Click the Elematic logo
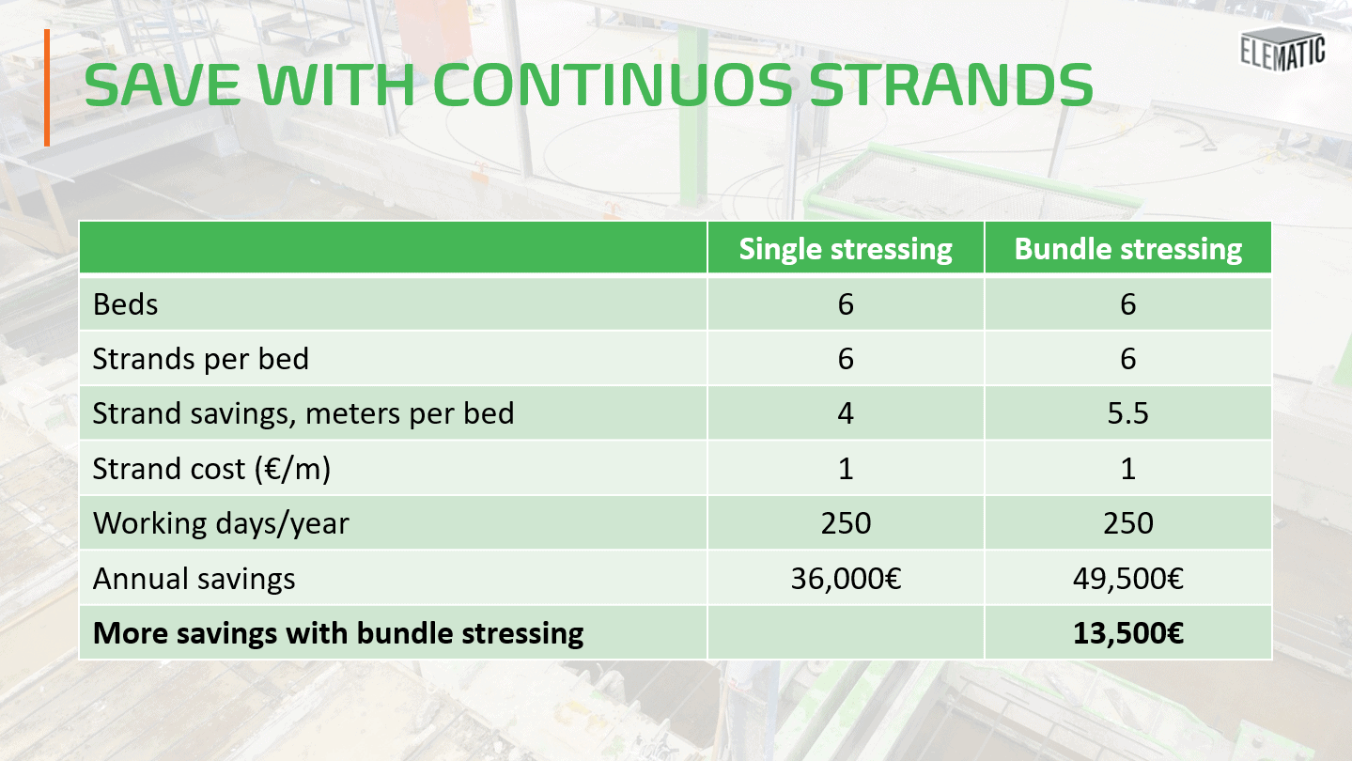point(1282,49)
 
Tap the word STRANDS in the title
point(951,85)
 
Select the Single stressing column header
point(846,249)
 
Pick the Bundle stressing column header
point(1127,249)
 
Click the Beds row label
point(126,304)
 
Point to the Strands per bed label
point(200,359)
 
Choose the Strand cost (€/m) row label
point(211,469)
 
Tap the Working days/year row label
point(221,523)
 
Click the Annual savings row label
point(194,579)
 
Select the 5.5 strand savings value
point(1127,414)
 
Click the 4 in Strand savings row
point(846,414)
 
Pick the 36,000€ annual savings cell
point(846,579)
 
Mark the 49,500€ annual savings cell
point(1127,579)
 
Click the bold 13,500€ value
point(1127,633)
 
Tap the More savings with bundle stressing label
point(338,633)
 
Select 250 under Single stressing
point(846,523)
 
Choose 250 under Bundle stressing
point(1127,523)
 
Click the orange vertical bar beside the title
point(46,87)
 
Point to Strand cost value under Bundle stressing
point(1127,469)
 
